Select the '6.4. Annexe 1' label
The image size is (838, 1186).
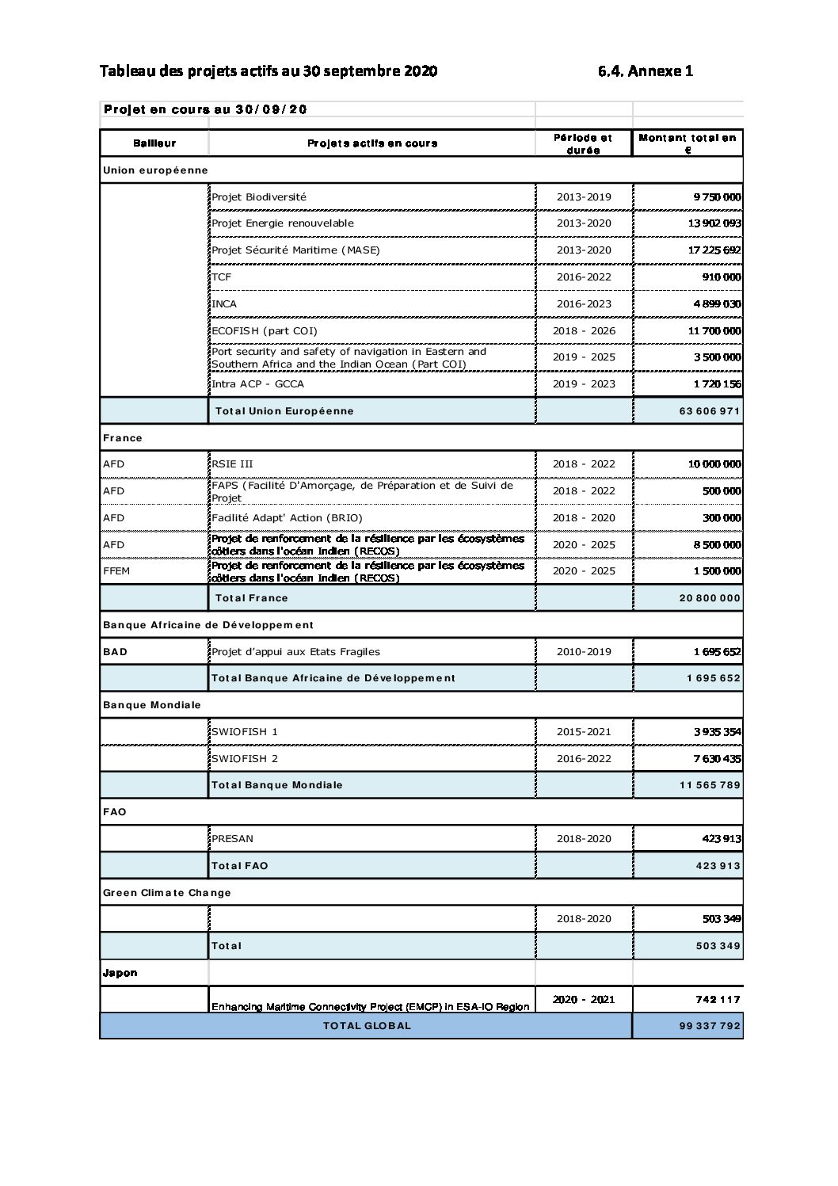[x=646, y=71]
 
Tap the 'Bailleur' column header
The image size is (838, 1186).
[x=154, y=143]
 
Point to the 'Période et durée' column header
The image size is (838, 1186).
[x=583, y=143]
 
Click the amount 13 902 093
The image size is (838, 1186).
[x=714, y=223]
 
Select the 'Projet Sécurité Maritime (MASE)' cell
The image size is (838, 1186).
[x=295, y=250]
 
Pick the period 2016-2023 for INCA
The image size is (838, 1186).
[x=584, y=304]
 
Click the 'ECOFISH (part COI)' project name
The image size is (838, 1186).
[x=264, y=331]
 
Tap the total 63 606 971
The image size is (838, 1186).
[x=709, y=411]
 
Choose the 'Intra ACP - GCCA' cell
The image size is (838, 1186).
[x=257, y=384]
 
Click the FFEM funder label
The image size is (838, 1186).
[x=116, y=571]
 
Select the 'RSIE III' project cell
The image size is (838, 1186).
[x=232, y=464]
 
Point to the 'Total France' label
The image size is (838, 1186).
[x=251, y=598]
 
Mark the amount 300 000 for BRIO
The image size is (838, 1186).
[x=721, y=518]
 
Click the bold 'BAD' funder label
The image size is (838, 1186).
[x=115, y=652]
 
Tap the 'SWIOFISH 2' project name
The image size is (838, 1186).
[x=244, y=759]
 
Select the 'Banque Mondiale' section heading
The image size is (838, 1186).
[x=152, y=705]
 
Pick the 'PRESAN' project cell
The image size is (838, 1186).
[x=232, y=839]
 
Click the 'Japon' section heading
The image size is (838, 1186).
[x=120, y=973]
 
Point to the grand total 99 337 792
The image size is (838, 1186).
[x=709, y=1026]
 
